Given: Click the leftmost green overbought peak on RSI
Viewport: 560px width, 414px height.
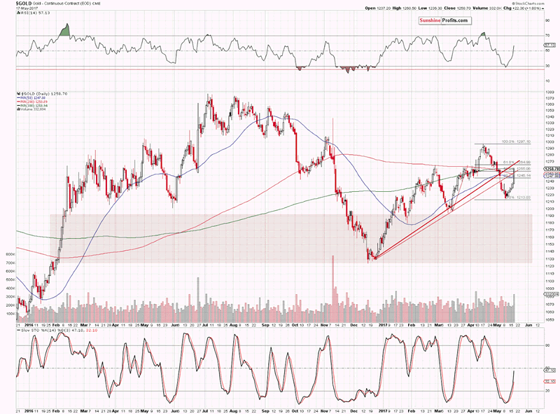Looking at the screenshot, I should coord(66,30).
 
